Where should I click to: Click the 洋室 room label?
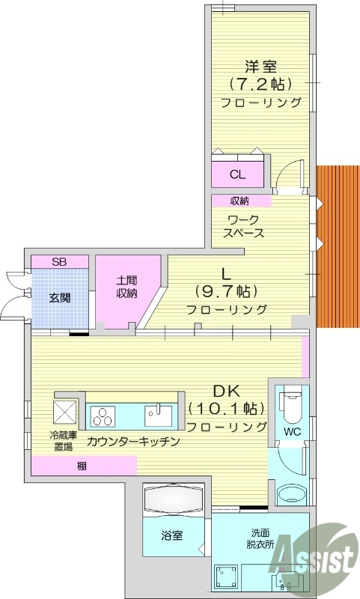point(261,66)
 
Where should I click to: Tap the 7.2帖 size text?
point(260,83)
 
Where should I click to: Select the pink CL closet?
point(237,174)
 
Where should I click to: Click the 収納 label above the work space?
point(240,201)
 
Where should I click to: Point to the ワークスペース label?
point(243,225)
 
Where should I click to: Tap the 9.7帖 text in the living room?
point(226,291)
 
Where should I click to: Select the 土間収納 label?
point(126,287)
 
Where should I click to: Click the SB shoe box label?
point(58,262)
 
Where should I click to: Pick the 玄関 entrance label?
point(60,297)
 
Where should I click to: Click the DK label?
point(227,391)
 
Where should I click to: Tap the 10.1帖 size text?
point(227,409)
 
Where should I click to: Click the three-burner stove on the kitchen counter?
point(104,415)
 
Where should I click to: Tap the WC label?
point(292,432)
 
